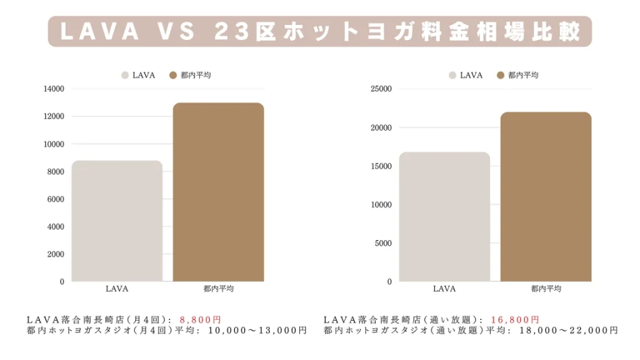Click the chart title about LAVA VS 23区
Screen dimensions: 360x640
point(319,31)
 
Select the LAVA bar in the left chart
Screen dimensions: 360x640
point(117,221)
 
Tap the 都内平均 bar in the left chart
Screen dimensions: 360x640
point(218,192)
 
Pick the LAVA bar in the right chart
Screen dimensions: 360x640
point(444,217)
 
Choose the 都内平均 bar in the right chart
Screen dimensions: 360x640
point(546,197)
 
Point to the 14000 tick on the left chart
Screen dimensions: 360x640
point(54,89)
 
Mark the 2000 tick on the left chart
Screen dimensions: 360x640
point(56,254)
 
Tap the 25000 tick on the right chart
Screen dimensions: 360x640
point(381,89)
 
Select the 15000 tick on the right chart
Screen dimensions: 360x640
point(381,166)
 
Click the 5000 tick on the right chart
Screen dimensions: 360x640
point(383,243)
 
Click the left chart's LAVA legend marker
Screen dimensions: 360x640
point(125,75)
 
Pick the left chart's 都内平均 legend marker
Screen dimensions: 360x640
point(174,75)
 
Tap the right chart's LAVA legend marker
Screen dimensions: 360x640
point(452,75)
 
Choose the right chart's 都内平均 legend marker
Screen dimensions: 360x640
point(501,75)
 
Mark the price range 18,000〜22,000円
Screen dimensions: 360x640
point(569,331)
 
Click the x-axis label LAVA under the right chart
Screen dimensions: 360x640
point(444,289)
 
